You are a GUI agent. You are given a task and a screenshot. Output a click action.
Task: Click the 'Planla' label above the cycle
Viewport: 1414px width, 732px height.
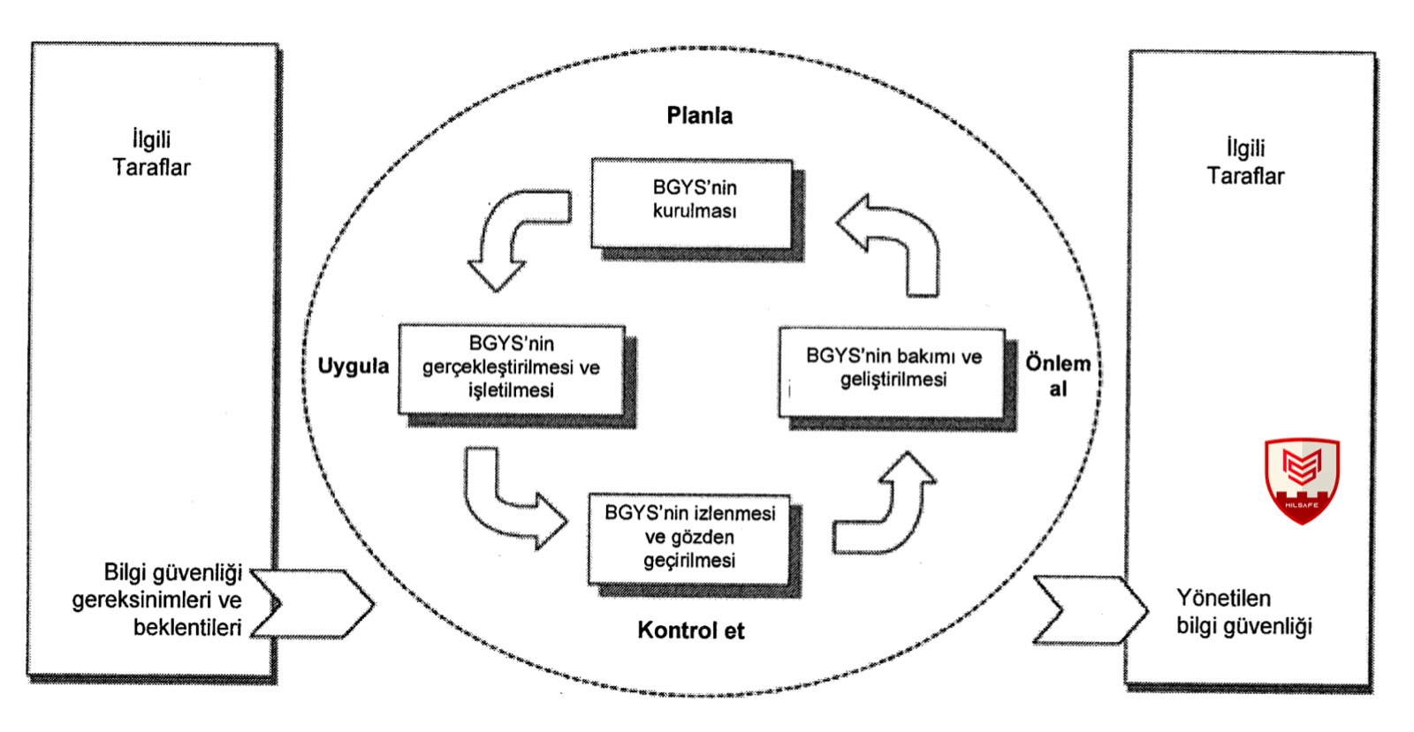click(x=699, y=116)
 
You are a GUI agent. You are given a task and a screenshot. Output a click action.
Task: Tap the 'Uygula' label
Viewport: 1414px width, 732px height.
click(x=353, y=366)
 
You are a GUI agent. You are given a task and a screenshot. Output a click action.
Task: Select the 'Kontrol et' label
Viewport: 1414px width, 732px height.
click(x=690, y=630)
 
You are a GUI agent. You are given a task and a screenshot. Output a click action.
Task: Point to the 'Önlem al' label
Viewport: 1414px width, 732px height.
click(x=1057, y=375)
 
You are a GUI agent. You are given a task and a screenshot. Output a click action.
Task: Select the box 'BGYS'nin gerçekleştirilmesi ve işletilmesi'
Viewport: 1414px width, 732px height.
click(x=512, y=368)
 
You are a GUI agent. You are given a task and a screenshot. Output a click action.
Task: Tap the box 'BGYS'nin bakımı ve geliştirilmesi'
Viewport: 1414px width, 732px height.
click(x=893, y=370)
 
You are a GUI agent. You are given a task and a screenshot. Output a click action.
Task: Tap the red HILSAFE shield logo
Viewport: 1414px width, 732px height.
click(x=1301, y=479)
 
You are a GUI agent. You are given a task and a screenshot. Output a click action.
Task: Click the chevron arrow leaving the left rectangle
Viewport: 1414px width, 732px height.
click(x=318, y=604)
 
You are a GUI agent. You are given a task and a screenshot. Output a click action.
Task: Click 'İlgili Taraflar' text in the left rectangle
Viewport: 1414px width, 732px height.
click(x=151, y=154)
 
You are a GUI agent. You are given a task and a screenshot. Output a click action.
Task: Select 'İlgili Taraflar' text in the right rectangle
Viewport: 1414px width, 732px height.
click(x=1245, y=162)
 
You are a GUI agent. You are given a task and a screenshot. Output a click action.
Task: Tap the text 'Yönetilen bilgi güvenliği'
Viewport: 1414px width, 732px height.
click(x=1243, y=612)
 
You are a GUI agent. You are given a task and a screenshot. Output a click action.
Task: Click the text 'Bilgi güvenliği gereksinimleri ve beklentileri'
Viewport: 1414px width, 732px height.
click(x=159, y=600)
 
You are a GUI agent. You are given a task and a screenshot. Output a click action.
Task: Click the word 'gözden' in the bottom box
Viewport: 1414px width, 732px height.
click(x=689, y=538)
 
